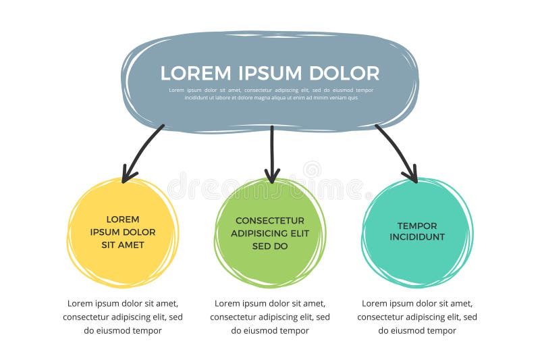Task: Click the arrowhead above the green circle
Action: (x=272, y=176)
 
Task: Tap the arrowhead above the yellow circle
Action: (x=128, y=176)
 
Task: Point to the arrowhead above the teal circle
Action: (x=411, y=176)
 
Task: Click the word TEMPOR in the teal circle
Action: (x=417, y=226)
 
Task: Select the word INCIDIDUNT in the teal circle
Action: (x=417, y=237)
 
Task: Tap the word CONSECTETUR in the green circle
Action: (x=270, y=221)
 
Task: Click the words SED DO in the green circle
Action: (x=270, y=247)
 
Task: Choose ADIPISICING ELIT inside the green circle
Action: (x=270, y=234)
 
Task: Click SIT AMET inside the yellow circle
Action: (x=123, y=245)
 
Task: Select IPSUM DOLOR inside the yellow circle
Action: (x=123, y=232)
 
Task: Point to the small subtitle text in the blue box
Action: (x=271, y=94)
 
